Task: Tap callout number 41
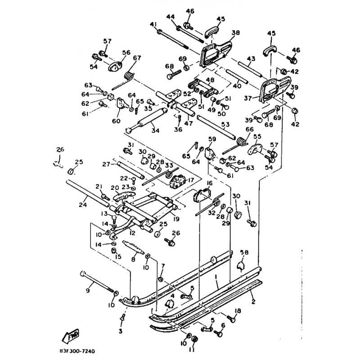click(x=153, y=24)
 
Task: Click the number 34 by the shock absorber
click(x=156, y=131)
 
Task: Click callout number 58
click(x=244, y=252)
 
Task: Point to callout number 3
click(x=120, y=331)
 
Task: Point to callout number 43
click(x=251, y=59)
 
